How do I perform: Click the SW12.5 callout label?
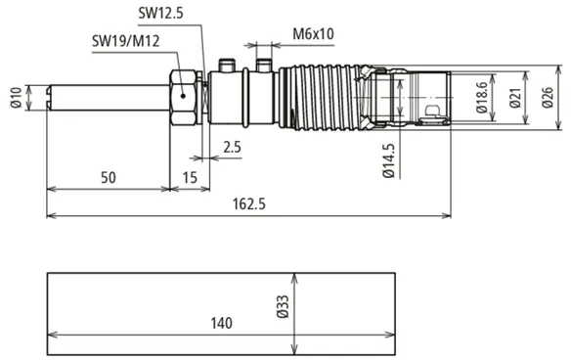pyautogui.click(x=160, y=14)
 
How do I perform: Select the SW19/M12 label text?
pyautogui.click(x=125, y=41)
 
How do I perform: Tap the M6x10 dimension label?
pyautogui.click(x=313, y=34)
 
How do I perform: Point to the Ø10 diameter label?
pyautogui.click(x=17, y=98)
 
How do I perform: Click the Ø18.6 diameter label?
pyautogui.click(x=481, y=97)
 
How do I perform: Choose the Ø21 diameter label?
pyautogui.click(x=515, y=98)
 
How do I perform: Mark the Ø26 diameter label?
pyautogui.click(x=548, y=98)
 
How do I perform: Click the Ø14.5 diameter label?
pyautogui.click(x=388, y=160)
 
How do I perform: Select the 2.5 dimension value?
pyautogui.click(x=232, y=147)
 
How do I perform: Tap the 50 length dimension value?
pyautogui.click(x=109, y=178)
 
